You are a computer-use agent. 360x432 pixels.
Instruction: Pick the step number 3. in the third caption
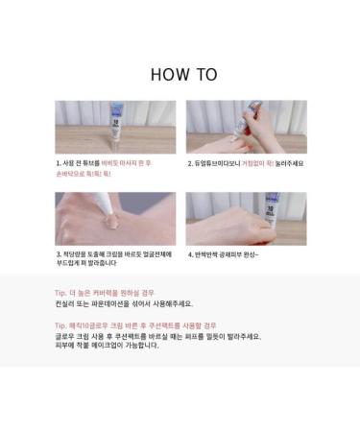[x=60, y=254]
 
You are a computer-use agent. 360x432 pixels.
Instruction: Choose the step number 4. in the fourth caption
[x=190, y=254]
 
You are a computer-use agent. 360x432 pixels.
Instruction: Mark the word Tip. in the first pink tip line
[x=60, y=292]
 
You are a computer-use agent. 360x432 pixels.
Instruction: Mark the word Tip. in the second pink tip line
[x=60, y=325]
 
